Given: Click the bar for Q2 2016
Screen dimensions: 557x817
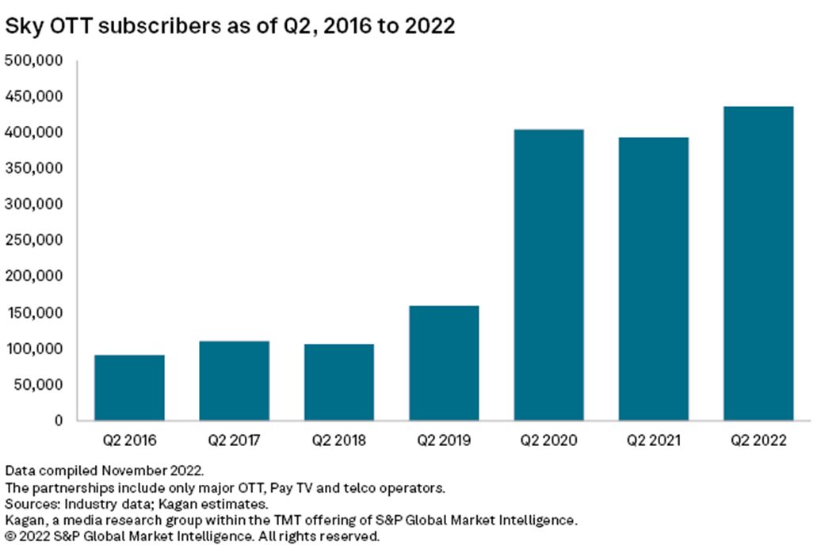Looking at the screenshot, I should [129, 387].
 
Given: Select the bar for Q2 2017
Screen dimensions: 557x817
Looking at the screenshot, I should [234, 380].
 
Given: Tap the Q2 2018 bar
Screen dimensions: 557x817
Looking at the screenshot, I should [338, 382].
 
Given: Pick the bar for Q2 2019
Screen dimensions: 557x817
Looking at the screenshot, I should [444, 362].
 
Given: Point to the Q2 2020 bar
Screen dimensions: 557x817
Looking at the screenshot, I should [548, 274].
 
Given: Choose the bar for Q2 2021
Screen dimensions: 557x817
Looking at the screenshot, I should [653, 278].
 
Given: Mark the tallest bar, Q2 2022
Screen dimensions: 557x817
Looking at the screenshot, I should [758, 263].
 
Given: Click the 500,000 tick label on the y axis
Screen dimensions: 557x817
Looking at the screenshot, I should [36, 60].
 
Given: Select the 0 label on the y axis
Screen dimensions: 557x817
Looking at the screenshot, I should [60, 421].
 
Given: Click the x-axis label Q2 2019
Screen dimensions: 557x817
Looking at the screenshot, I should [444, 441].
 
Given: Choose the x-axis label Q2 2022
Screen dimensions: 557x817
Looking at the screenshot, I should [758, 441].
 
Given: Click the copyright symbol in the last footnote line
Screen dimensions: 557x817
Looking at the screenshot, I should [10, 536].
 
